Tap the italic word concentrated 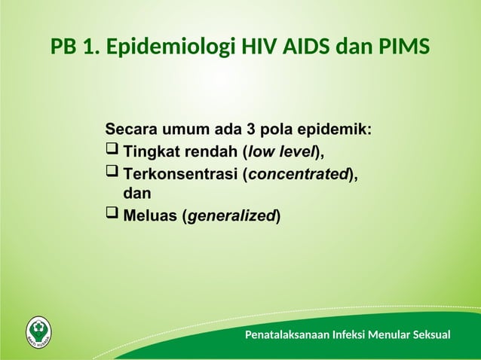(x=298, y=175)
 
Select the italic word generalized (x=231, y=217)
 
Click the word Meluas (x=151, y=217)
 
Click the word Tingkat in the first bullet (x=148, y=152)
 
